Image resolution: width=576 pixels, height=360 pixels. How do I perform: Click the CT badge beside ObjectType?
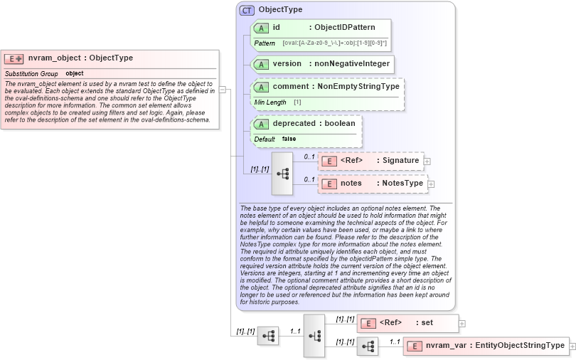[247, 10]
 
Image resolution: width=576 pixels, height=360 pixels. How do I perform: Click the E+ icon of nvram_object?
[14, 58]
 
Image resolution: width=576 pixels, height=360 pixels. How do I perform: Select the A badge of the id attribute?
[261, 27]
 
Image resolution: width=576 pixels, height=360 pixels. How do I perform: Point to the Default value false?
[289, 139]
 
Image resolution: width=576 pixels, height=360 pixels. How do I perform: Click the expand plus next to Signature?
[427, 162]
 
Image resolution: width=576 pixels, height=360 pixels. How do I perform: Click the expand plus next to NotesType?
[431, 184]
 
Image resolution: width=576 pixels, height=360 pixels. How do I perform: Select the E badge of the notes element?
[329, 184]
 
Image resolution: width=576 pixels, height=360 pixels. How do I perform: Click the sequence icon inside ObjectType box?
[282, 173]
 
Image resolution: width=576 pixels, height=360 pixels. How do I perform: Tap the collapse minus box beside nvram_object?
[223, 90]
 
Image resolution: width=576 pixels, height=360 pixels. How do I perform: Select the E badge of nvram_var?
[414, 346]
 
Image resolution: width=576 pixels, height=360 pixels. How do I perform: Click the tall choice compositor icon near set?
[314, 335]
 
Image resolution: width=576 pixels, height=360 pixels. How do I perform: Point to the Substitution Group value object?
[75, 73]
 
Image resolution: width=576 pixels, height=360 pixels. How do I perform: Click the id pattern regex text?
[334, 43]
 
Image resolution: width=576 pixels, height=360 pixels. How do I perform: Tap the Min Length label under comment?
[270, 102]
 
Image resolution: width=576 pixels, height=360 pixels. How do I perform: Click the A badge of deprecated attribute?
[261, 124]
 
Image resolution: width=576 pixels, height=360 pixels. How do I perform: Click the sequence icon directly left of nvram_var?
[368, 346]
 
